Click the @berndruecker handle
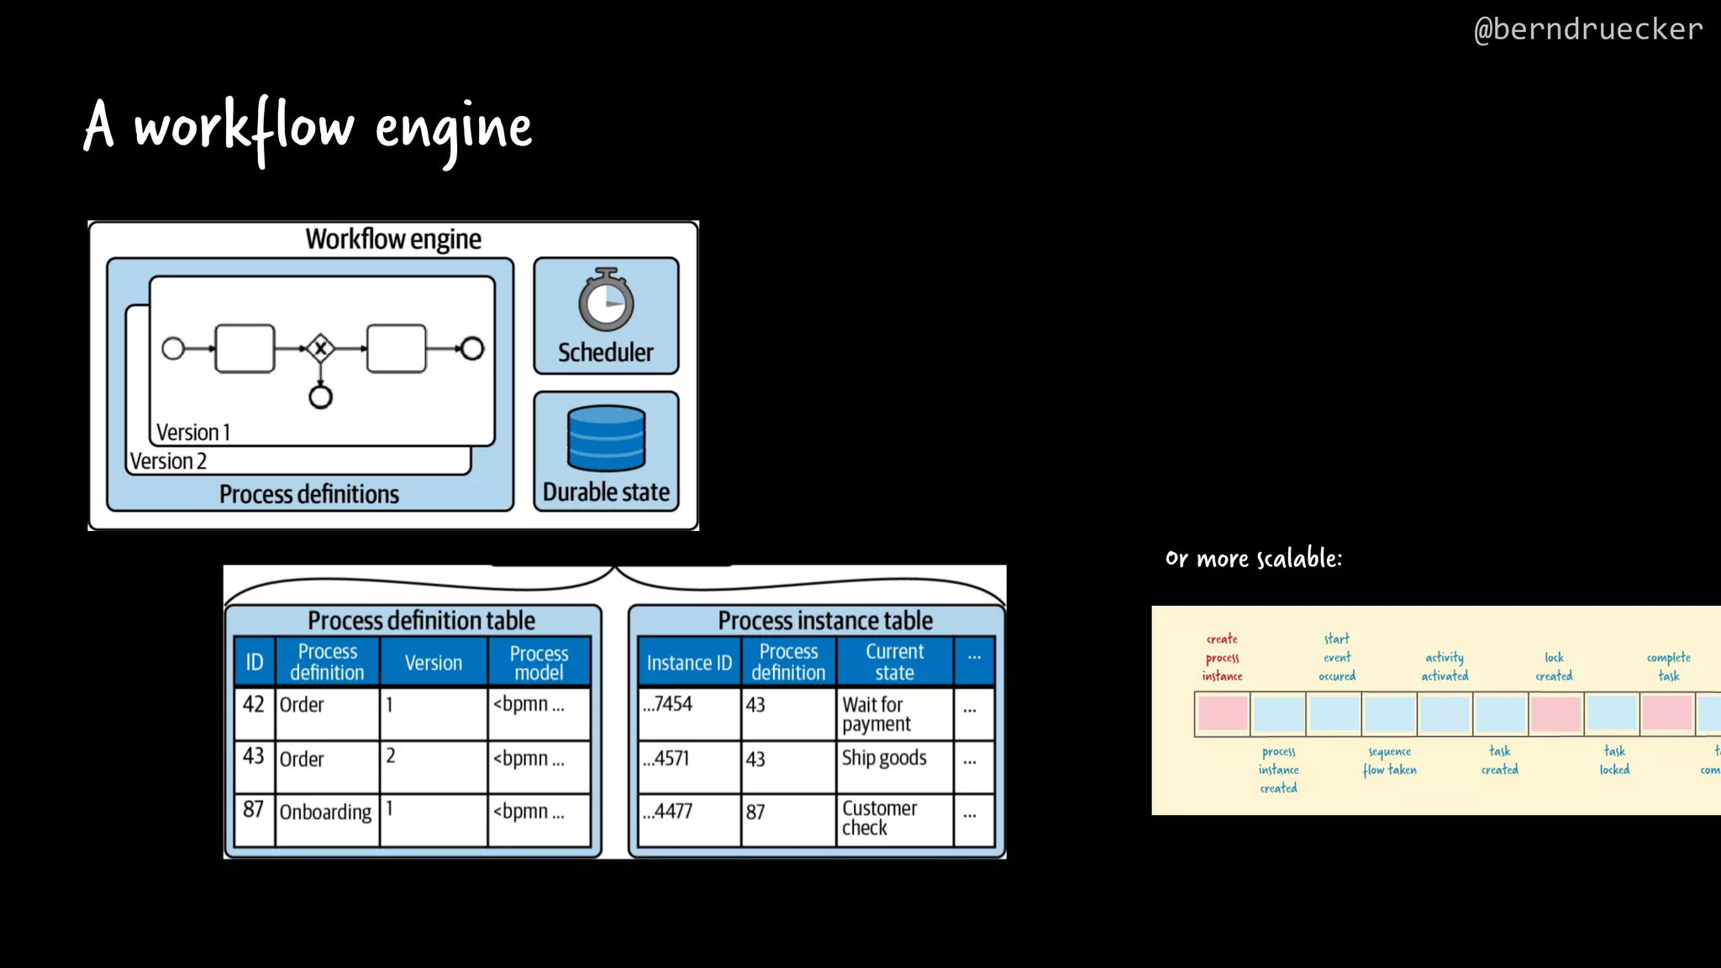pos(1587,29)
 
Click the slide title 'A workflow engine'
pos(308,128)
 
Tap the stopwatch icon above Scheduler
pos(606,300)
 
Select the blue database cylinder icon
pos(606,438)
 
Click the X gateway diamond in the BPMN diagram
pos(320,348)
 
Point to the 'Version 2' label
pos(168,461)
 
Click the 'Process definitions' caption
pos(309,494)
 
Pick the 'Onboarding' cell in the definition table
pos(325,812)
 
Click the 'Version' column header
pos(433,662)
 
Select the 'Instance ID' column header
pos(689,662)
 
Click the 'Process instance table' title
pos(824,620)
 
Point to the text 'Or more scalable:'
pos(1253,559)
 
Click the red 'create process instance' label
pos(1222,657)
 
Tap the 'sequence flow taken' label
pos(1389,760)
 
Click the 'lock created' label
pos(1554,666)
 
